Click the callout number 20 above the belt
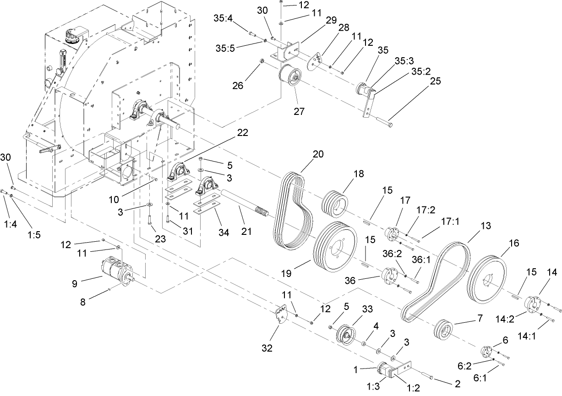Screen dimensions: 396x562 tap(318, 154)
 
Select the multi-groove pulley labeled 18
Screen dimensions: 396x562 tap(336, 204)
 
